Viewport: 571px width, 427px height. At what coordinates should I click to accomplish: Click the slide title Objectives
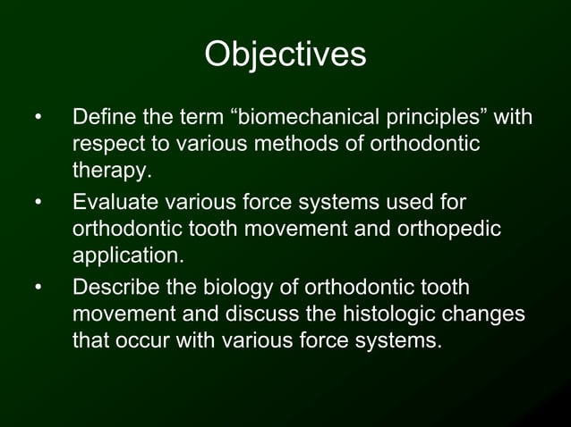coord(285,54)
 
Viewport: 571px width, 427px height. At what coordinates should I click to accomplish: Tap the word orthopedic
coord(451,230)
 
